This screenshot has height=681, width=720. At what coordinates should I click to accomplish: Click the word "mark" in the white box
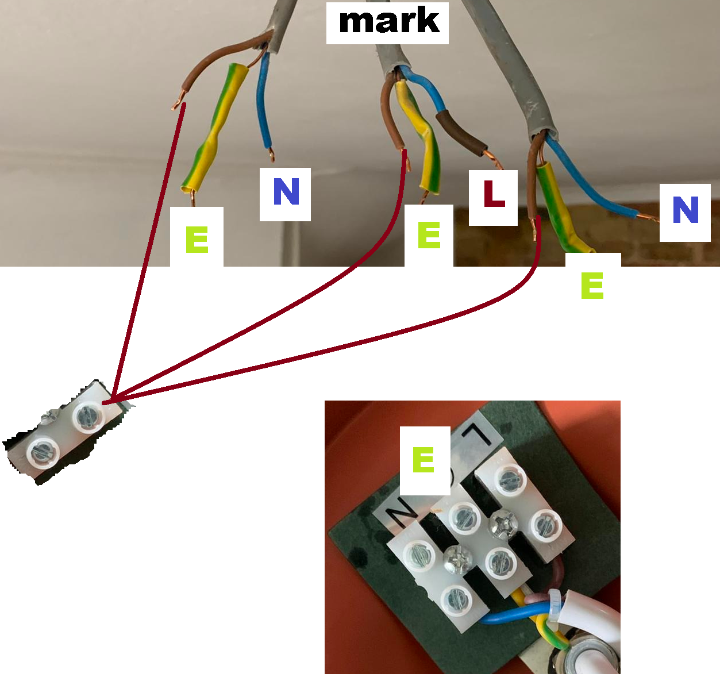click(x=388, y=22)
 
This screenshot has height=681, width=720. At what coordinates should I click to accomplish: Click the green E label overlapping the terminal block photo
click(x=424, y=460)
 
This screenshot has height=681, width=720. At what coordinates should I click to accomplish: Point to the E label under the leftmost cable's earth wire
click(x=197, y=240)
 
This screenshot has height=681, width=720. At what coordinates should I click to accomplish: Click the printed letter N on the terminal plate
click(x=399, y=509)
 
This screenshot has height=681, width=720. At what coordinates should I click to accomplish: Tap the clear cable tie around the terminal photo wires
click(x=555, y=605)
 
